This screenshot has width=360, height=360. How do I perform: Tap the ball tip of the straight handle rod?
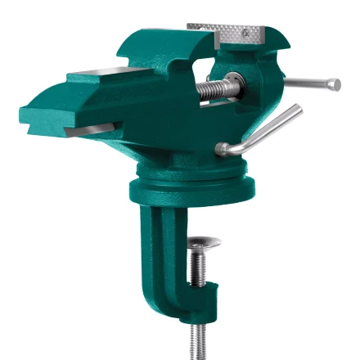tap(335, 84)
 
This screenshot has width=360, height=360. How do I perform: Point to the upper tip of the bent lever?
tap(296, 110)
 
